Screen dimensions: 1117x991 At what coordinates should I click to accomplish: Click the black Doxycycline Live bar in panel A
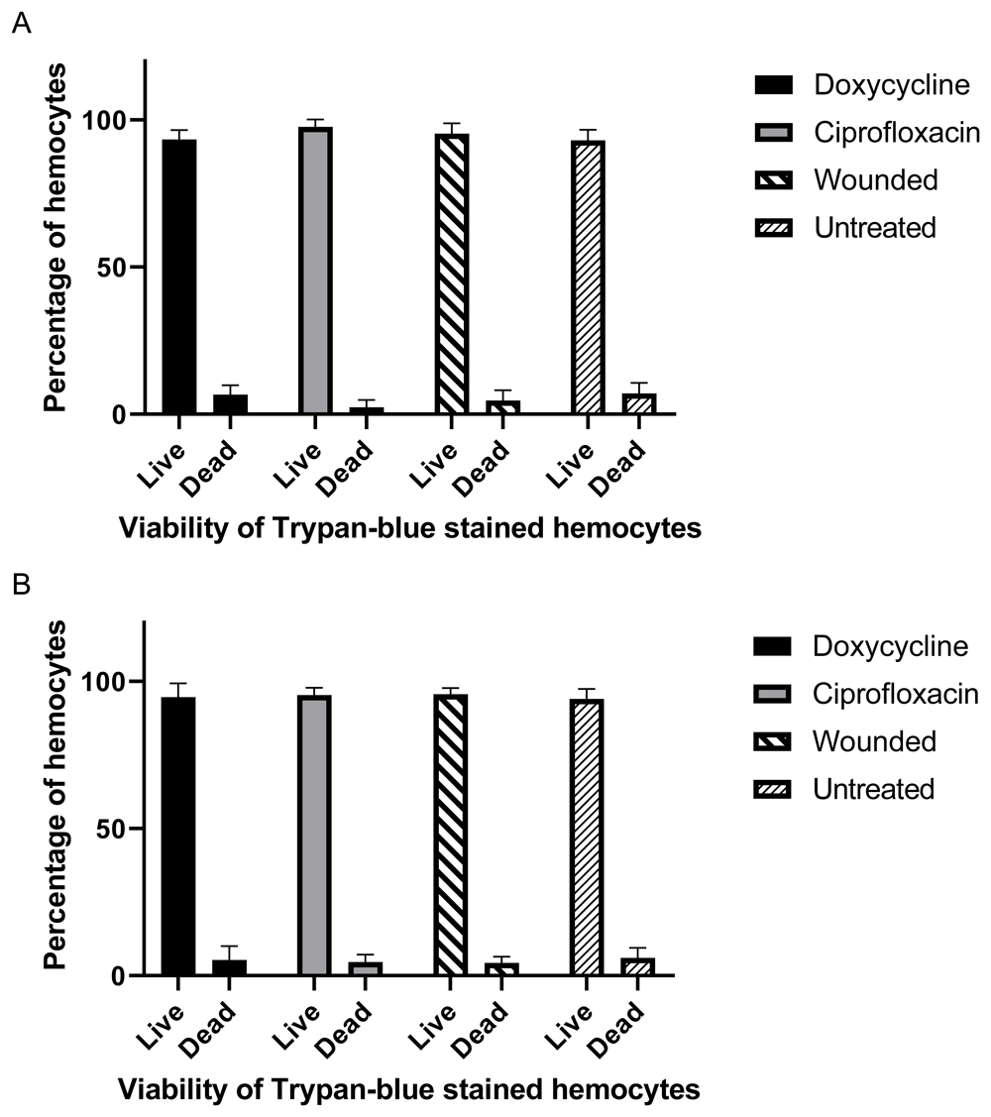[179, 277]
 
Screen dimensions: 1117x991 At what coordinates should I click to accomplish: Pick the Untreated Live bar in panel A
[588, 277]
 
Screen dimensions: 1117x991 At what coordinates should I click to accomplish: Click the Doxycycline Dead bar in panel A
[230, 404]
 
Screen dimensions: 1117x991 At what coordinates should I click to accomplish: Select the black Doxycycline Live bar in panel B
[178, 837]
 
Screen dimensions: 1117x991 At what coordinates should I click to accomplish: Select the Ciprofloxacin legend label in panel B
[896, 694]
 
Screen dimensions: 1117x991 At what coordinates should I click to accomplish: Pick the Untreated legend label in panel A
[875, 228]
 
